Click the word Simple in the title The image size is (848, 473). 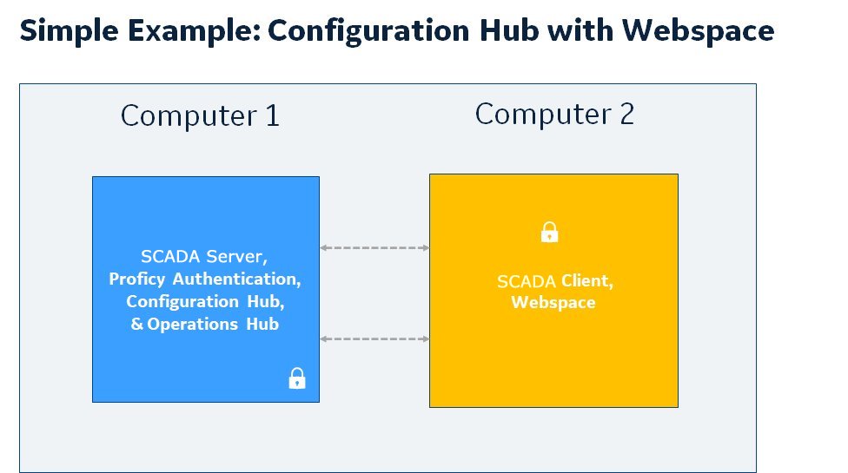(x=69, y=31)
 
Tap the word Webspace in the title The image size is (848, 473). (x=698, y=31)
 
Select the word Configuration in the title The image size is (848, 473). (x=370, y=31)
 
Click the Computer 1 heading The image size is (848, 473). (x=200, y=115)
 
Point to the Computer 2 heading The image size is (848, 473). (x=554, y=114)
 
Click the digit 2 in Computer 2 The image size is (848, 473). (x=626, y=114)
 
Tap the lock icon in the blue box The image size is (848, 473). (x=297, y=378)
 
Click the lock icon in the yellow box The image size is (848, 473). (x=549, y=233)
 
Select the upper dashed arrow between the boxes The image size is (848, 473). (x=374, y=248)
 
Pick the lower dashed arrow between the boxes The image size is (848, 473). (x=374, y=339)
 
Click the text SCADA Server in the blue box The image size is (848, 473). (x=204, y=257)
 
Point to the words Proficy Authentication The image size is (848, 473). (x=205, y=279)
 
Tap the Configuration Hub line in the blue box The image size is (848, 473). (x=205, y=301)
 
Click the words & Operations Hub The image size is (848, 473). (x=205, y=324)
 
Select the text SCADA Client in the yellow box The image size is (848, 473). (x=555, y=281)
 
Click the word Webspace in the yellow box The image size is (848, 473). (x=553, y=302)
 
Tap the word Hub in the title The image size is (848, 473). (x=509, y=31)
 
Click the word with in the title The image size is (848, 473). (x=580, y=31)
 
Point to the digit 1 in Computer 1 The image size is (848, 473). (x=273, y=115)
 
